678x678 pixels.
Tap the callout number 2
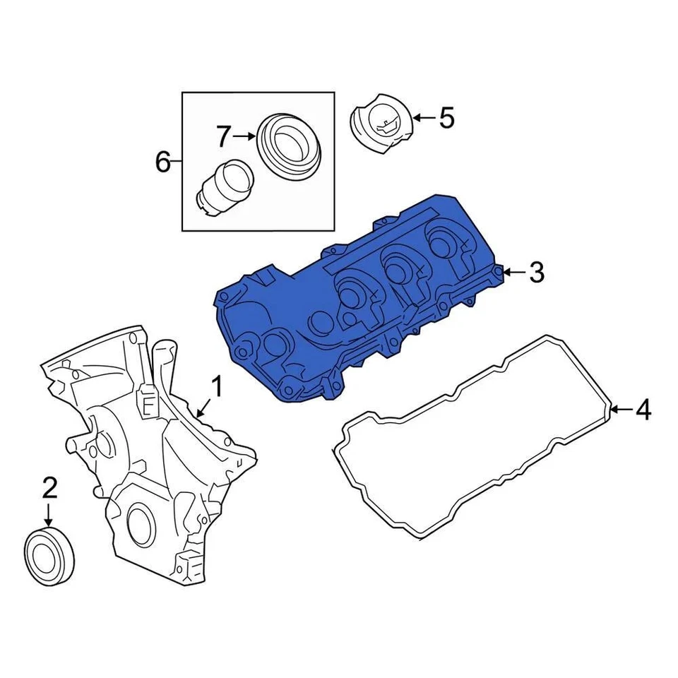[x=49, y=487]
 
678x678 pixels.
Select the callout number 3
[x=537, y=272]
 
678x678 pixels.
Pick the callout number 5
[x=446, y=118]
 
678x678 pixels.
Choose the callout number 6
[x=162, y=163]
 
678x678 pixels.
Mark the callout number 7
[x=224, y=136]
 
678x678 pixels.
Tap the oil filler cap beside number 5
[x=381, y=128]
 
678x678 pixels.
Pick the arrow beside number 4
[x=619, y=410]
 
